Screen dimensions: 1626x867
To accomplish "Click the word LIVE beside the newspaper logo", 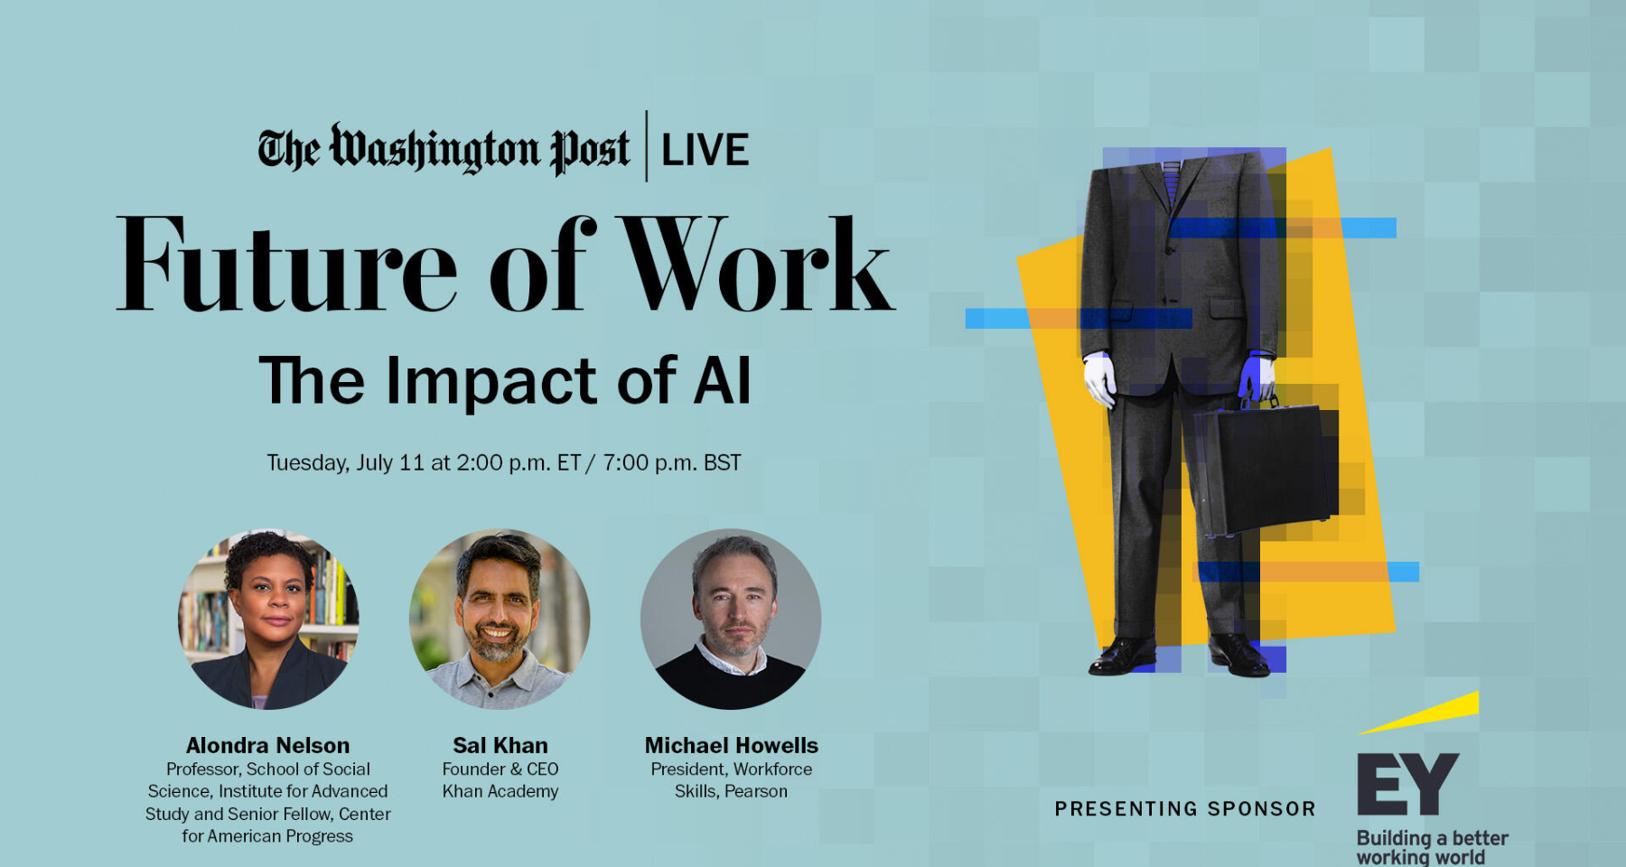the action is [705, 150].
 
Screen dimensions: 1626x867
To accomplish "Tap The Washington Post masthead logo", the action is [444, 149].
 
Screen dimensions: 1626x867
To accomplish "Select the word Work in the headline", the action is [757, 264].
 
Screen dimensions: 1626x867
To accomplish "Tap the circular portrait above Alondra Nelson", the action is [268, 619].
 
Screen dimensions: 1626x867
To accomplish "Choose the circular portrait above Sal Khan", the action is [500, 619].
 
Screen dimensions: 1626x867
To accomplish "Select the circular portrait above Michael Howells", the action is [731, 619].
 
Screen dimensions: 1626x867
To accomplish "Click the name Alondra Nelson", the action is [267, 745].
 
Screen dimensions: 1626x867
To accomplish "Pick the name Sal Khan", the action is [500, 745].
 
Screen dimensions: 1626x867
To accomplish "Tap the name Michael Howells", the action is [732, 745].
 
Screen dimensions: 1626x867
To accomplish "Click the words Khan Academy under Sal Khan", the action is [500, 791].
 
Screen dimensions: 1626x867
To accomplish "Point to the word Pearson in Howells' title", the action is [756, 791].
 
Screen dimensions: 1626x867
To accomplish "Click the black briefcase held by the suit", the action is [1265, 470].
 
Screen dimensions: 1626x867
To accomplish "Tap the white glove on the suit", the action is [1100, 378].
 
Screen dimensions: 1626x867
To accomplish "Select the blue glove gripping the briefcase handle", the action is [1257, 378].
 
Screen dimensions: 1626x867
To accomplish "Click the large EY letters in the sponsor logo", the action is [1407, 784].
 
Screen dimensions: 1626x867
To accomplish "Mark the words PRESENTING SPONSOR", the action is [1185, 809].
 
